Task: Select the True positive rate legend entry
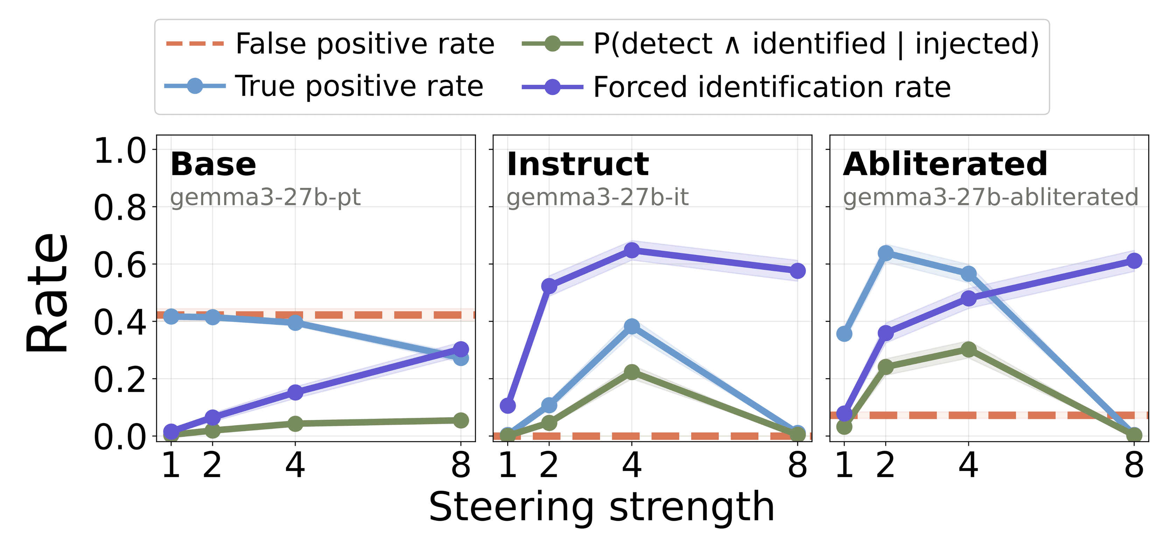tap(358, 86)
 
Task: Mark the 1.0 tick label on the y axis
tap(120, 150)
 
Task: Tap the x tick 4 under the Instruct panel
tap(632, 465)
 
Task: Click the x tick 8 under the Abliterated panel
tap(1134, 465)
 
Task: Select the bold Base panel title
tap(213, 164)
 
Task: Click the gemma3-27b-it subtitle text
tap(597, 197)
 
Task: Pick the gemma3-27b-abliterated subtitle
tap(990, 197)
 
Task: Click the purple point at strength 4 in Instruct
tap(632, 250)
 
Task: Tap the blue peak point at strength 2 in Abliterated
tap(886, 253)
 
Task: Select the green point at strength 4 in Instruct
tap(632, 372)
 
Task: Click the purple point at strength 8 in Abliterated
tap(1134, 261)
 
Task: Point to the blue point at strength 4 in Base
tap(295, 322)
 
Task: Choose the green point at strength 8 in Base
tap(461, 420)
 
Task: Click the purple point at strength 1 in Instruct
tap(508, 405)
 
